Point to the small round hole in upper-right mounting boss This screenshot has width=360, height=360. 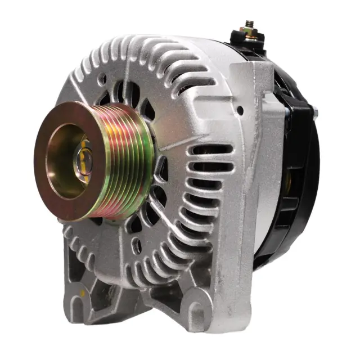click(x=240, y=111)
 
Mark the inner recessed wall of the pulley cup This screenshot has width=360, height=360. click(x=65, y=169)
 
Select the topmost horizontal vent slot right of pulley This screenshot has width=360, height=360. click(x=213, y=151)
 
